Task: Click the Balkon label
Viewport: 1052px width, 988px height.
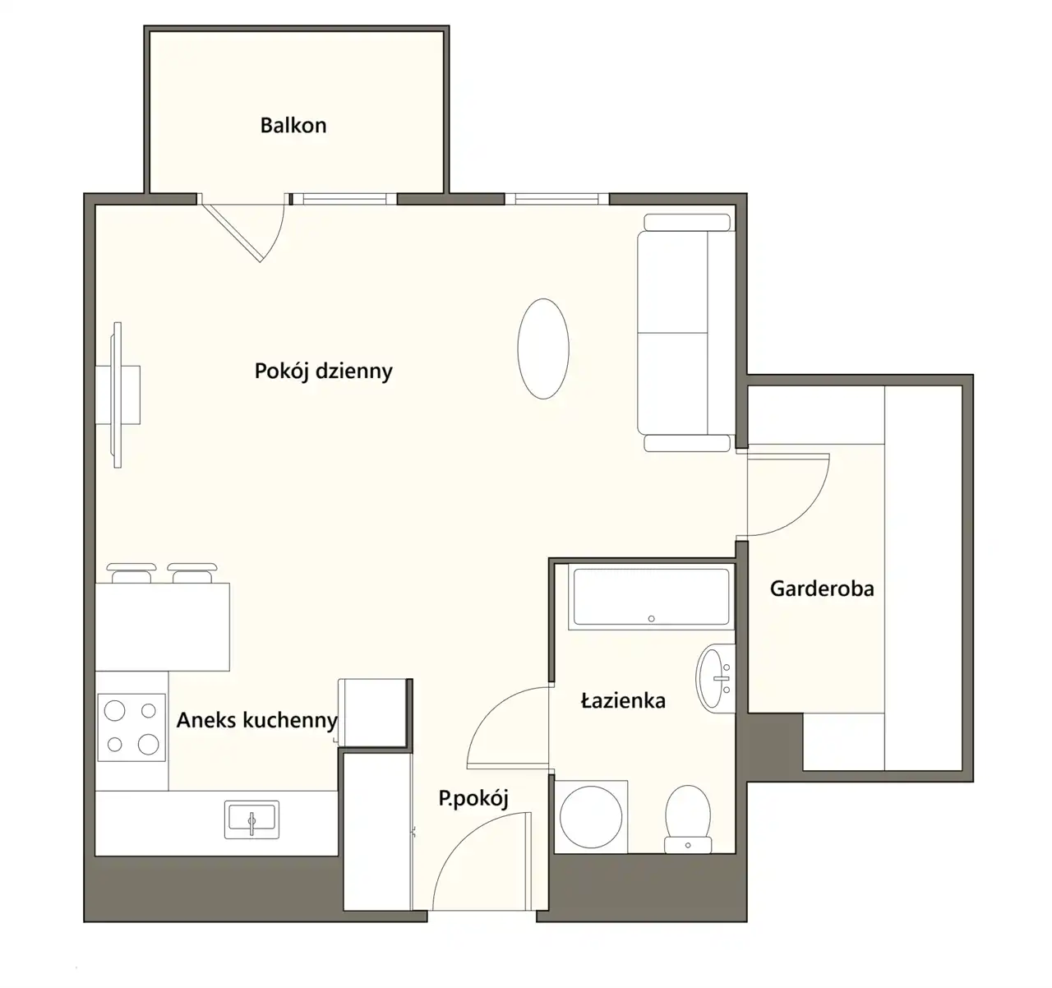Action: coord(293,126)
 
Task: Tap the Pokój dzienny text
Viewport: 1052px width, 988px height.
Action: coord(323,372)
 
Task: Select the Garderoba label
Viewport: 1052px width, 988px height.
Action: coord(822,589)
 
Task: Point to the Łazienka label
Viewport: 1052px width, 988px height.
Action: coord(623,700)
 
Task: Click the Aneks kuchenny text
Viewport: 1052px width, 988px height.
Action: coord(257,721)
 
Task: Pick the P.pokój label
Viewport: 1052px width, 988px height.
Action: coord(473,798)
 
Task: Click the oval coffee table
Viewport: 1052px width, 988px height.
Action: coord(543,349)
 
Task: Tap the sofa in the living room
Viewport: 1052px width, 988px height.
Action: coord(686,333)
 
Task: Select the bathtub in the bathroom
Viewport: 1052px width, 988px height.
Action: coord(652,597)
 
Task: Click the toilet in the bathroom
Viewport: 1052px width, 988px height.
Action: coord(688,819)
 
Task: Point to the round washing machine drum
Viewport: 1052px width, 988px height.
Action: coord(591,816)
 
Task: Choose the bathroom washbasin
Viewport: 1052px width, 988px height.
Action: coord(716,678)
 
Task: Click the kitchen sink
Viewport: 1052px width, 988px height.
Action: coord(251,819)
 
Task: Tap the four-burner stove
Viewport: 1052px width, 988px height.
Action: coord(131,727)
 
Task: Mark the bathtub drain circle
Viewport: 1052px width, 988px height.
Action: coord(652,619)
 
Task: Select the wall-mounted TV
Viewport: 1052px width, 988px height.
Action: coord(118,395)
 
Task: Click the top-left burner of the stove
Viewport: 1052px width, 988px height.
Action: coord(114,710)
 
